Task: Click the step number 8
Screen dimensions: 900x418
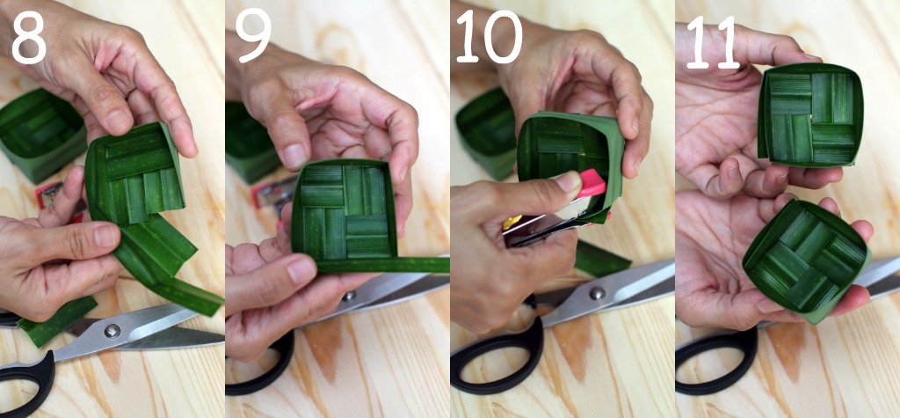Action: (28, 38)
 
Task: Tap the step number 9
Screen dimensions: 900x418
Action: (252, 38)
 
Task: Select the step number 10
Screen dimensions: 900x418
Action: (489, 37)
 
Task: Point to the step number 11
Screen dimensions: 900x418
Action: (712, 41)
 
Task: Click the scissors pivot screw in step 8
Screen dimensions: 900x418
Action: (112, 331)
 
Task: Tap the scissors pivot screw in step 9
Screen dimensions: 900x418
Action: (348, 296)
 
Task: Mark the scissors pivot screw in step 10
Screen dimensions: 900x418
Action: (597, 293)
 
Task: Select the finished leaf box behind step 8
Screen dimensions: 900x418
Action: (40, 134)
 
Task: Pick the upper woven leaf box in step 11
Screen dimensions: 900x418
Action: (810, 114)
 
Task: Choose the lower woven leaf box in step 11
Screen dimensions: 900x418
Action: (807, 260)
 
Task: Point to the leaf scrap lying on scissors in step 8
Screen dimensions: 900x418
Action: (56, 322)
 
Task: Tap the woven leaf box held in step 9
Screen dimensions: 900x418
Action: (344, 209)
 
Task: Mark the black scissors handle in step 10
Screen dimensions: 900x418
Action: (496, 356)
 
